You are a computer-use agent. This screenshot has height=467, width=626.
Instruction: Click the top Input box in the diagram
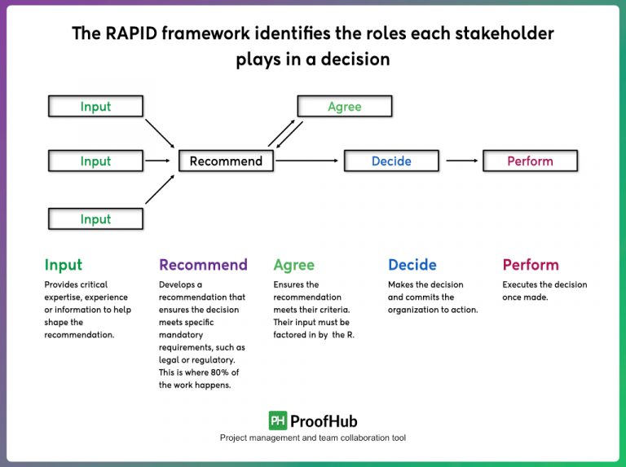click(95, 106)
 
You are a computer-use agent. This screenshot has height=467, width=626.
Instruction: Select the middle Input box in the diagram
click(95, 161)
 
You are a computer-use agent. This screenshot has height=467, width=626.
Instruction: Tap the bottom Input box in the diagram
click(95, 219)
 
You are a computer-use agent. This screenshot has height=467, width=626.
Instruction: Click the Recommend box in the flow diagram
click(226, 161)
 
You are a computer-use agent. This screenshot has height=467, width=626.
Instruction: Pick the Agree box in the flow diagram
click(344, 106)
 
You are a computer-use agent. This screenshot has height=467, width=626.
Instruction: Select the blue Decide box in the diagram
click(391, 161)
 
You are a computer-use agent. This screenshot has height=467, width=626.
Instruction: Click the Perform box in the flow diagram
click(530, 161)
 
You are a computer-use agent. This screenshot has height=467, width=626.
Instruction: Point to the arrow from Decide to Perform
click(461, 161)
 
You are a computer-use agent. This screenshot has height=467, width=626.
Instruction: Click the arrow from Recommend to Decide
click(307, 161)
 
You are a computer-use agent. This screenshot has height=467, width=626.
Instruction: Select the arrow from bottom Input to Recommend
click(160, 189)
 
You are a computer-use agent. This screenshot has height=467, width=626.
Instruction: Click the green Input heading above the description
click(64, 265)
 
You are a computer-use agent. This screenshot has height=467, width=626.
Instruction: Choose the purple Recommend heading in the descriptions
click(203, 265)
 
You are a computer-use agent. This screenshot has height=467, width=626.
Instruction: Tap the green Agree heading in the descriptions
click(293, 265)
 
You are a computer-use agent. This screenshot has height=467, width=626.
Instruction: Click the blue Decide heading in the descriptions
click(412, 265)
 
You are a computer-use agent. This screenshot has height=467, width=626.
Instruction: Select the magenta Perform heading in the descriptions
click(531, 265)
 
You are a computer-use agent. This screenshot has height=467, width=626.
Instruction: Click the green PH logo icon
click(278, 421)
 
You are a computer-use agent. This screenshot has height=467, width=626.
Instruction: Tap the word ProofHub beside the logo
click(324, 421)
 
